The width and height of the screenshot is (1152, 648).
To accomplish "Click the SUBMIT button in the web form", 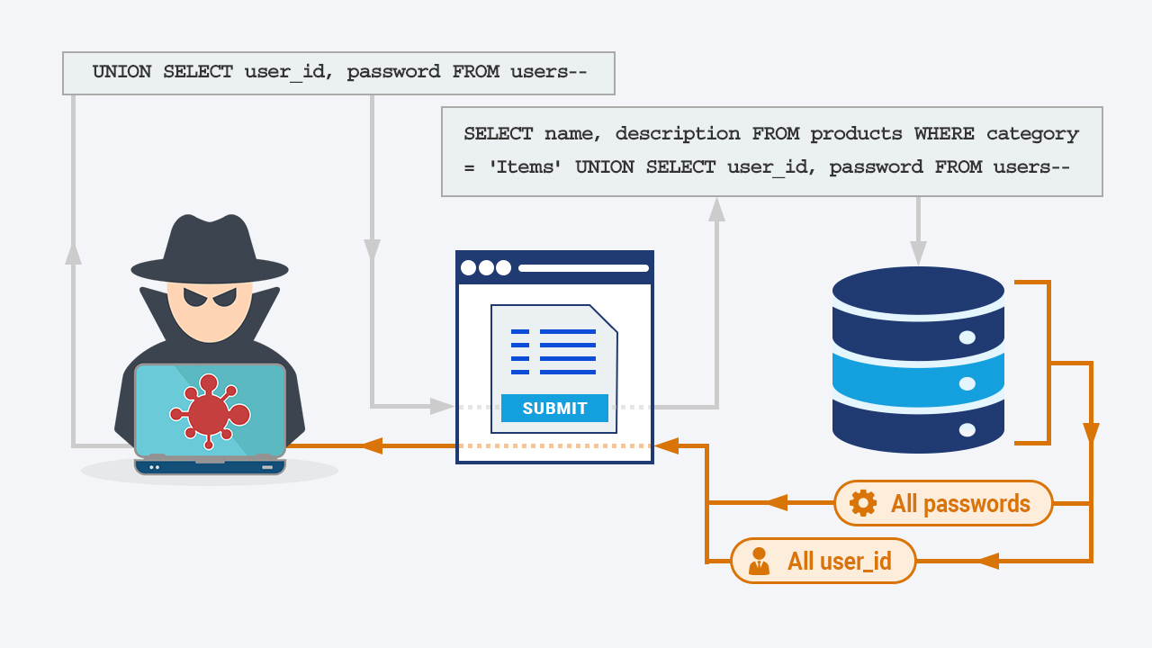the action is [x=554, y=409].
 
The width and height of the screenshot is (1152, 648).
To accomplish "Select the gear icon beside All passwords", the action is [x=863, y=503].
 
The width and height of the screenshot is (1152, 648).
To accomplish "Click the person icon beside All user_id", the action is [x=759, y=561].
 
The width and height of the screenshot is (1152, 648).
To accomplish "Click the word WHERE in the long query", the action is [x=944, y=134].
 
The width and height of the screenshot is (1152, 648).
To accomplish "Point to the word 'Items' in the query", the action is [x=525, y=167].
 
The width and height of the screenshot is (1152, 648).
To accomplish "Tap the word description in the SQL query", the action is [x=678, y=135].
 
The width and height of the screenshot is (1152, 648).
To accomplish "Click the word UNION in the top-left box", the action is [x=121, y=71].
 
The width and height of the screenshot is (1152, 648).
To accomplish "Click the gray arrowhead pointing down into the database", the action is [x=919, y=253].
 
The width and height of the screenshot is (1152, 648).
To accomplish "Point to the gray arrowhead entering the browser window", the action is [x=442, y=406].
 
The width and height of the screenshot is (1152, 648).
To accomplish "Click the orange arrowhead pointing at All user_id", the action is [x=988, y=561].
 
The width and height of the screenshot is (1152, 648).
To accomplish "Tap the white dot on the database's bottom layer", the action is [x=967, y=430].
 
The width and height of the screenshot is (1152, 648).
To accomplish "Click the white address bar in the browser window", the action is [x=584, y=268].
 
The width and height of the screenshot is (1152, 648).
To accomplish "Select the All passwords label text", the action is [x=960, y=503].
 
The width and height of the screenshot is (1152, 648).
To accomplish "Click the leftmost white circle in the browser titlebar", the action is [x=469, y=268].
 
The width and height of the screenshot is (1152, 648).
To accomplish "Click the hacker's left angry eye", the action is [x=193, y=297].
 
